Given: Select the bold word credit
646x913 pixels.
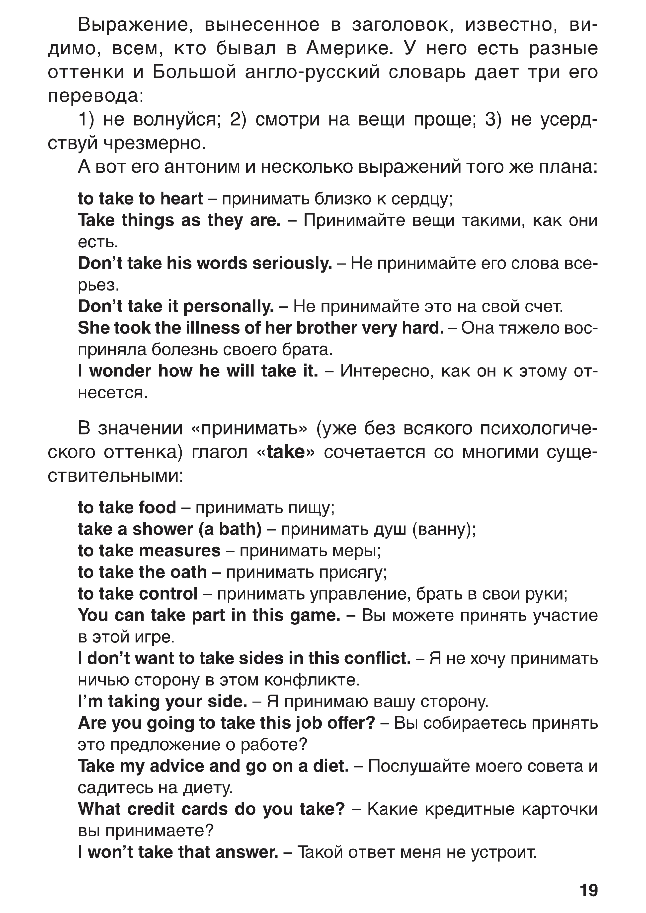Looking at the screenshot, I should [x=159, y=809].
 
